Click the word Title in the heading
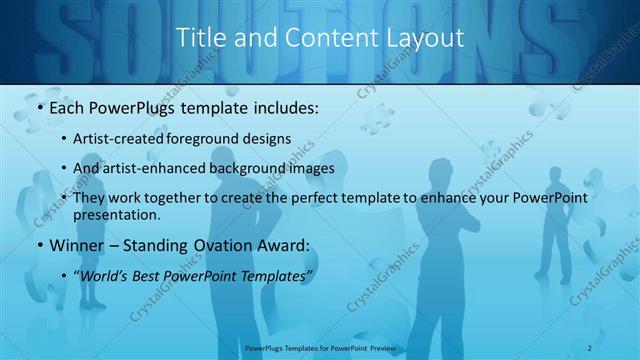pyautogui.click(x=199, y=38)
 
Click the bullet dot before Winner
pyautogui.click(x=39, y=245)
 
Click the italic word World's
pyautogui.click(x=103, y=275)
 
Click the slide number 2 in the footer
pyautogui.click(x=591, y=347)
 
